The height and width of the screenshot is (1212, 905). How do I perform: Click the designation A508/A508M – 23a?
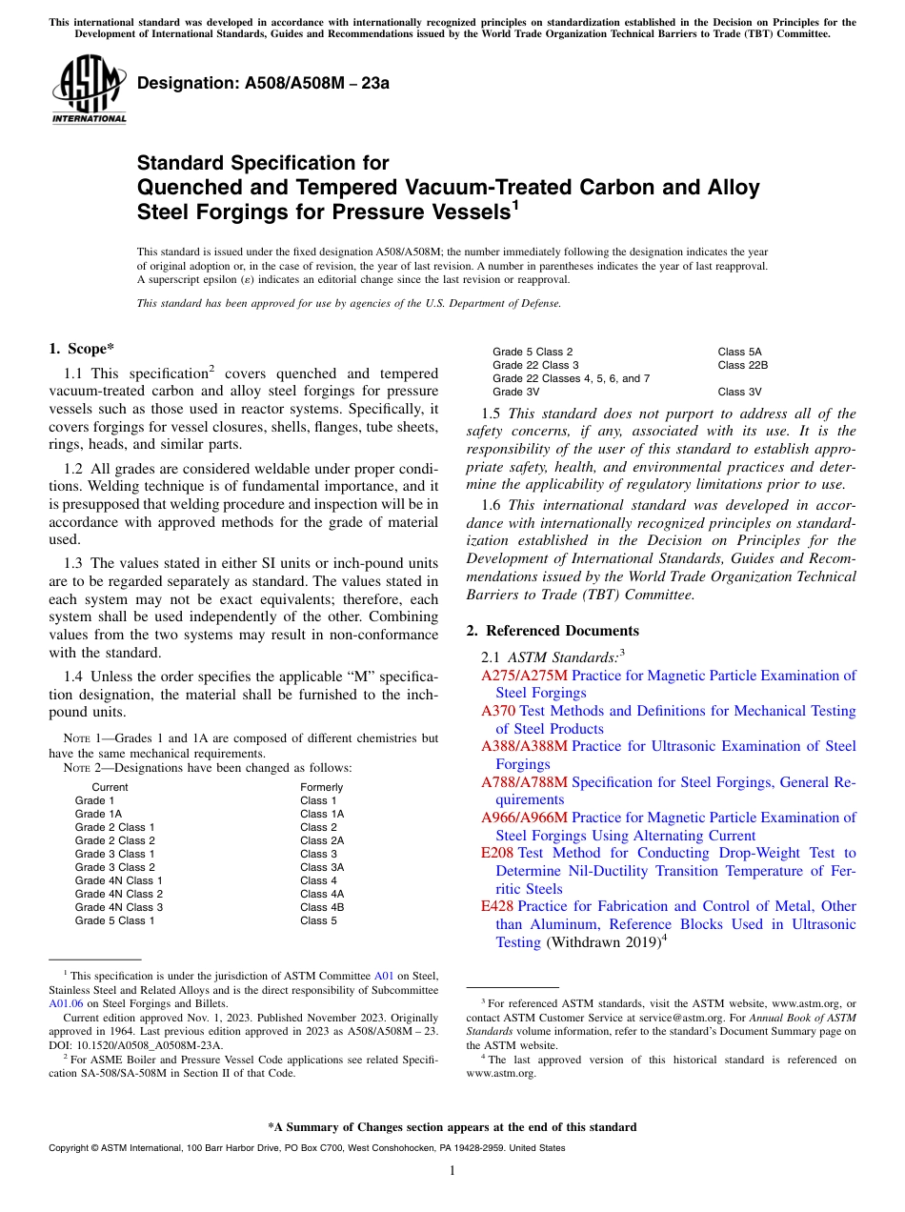coord(263,83)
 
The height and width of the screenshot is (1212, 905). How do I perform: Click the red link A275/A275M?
coord(524,676)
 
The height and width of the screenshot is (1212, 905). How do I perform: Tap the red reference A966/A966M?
coord(524,818)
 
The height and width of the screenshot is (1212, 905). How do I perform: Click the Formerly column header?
coord(321,787)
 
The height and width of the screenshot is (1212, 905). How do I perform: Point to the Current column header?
coord(110,787)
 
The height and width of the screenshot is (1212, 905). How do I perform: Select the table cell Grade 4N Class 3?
coord(119,907)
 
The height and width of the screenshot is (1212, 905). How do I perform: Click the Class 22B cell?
coord(743,365)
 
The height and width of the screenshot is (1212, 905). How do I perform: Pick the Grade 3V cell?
coord(515,392)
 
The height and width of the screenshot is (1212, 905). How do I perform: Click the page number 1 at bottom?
coord(452,1171)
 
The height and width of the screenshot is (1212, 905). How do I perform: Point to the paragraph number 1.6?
coord(492,505)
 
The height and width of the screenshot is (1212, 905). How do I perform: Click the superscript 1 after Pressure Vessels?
coord(515,203)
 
